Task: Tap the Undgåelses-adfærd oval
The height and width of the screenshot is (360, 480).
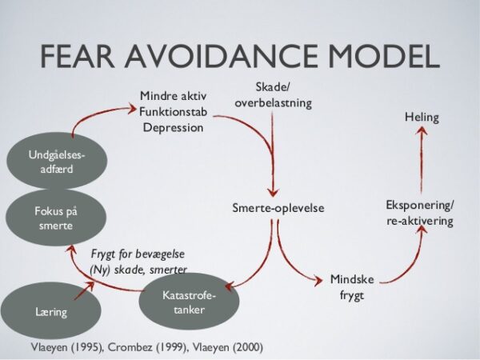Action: click(57, 161)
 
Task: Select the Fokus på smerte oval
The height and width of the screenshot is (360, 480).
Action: click(56, 218)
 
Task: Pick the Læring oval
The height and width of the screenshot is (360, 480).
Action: click(51, 310)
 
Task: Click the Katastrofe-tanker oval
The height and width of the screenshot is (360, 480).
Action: click(189, 302)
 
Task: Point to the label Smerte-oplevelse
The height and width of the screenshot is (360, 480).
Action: click(278, 208)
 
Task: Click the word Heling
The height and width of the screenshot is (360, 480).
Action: click(422, 118)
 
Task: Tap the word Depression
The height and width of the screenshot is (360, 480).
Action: click(173, 128)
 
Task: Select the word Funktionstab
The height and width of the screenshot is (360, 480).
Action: click(173, 112)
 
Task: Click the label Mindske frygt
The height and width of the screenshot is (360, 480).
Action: click(352, 287)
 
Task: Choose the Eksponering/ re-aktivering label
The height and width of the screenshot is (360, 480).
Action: click(420, 213)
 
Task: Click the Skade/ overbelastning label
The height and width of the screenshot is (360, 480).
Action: click(273, 95)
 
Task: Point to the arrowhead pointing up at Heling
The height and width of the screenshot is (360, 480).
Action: click(422, 132)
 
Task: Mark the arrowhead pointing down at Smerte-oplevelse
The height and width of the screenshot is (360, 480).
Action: click(273, 192)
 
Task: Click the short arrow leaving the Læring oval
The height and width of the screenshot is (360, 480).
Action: click(84, 290)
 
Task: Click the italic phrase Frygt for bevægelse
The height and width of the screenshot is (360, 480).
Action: click(138, 254)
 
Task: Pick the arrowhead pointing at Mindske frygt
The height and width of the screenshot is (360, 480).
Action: click(318, 281)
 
